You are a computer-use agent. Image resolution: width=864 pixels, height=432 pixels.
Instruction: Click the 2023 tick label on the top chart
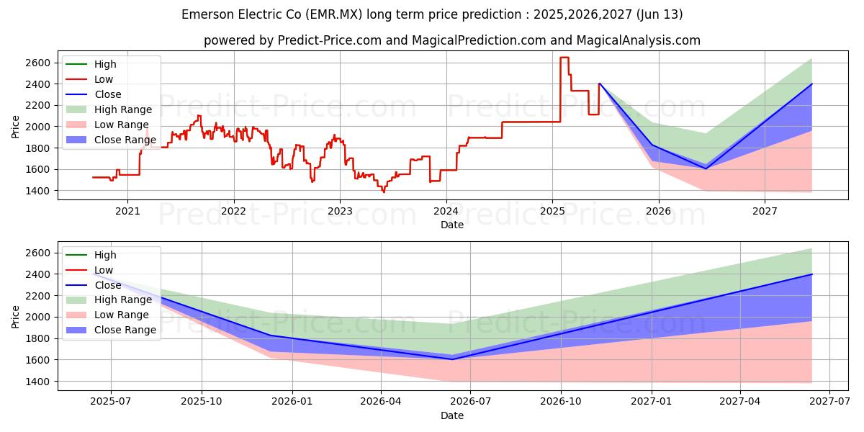coord(340,211)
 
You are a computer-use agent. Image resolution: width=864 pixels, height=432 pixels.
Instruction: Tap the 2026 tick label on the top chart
coord(658,211)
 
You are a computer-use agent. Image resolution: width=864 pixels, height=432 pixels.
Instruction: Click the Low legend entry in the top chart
coord(104,79)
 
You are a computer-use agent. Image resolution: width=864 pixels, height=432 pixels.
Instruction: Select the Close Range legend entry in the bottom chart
coord(125,330)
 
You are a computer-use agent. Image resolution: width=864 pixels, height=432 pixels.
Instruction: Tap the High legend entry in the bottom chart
coord(105,255)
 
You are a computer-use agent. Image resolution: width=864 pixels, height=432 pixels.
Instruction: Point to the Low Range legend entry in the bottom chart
coord(122,315)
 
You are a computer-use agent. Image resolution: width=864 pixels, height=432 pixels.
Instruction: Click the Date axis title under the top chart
coord(452,225)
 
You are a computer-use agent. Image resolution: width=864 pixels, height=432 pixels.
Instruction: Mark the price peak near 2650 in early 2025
coord(564,58)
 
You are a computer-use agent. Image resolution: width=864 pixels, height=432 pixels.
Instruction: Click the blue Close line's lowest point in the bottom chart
coord(452,359)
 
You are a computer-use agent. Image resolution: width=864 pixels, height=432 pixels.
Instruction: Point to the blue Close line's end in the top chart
coord(811,84)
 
